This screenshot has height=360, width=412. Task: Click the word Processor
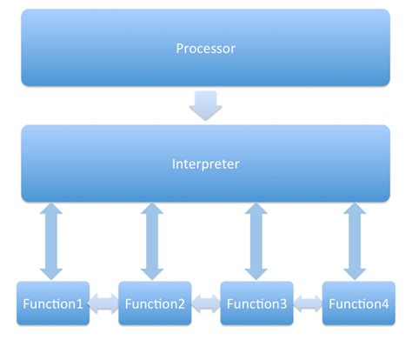coord(205,48)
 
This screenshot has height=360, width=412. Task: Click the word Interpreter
coord(205,163)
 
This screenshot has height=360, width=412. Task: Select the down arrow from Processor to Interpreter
coord(205,105)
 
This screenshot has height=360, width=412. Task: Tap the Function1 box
coord(53,303)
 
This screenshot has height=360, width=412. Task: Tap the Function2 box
coord(155,303)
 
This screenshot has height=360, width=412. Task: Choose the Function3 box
coord(256,303)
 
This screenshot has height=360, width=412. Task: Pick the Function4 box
coord(358,303)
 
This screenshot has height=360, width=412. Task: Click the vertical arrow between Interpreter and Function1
coord(53,241)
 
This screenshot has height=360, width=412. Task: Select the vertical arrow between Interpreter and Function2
coord(153,241)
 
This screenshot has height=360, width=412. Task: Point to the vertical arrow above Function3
coord(256,241)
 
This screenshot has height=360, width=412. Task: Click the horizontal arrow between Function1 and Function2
coord(103,303)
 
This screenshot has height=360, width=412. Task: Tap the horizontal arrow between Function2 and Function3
coord(205,303)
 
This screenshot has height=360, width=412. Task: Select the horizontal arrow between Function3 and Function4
coord(307,303)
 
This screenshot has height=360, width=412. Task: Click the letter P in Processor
coord(179,48)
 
